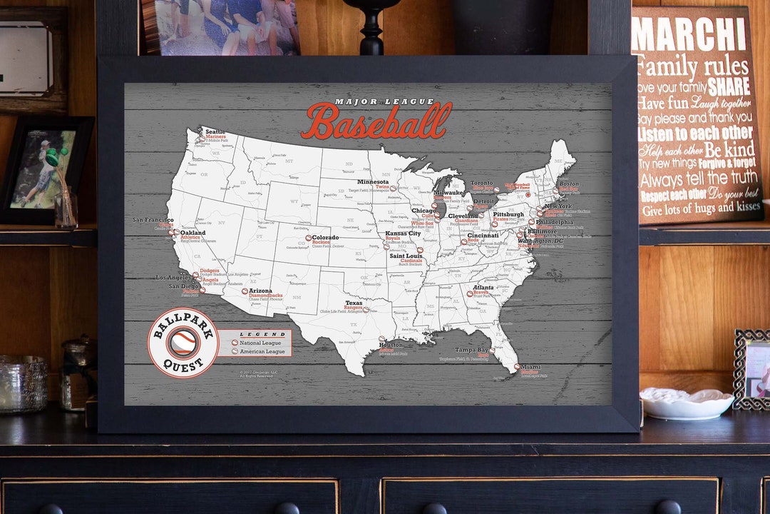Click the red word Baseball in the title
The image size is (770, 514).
(376, 121)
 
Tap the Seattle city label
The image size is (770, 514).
(215, 131)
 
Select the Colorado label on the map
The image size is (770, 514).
(325, 237)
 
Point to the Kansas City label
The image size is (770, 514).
(403, 233)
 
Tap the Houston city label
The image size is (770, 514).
(391, 345)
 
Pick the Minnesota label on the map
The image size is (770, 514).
(373, 182)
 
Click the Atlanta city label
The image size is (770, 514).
(483, 287)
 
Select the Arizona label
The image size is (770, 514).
(261, 291)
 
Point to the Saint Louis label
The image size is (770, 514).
(406, 256)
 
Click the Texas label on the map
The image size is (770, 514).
(354, 303)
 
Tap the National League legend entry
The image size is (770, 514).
(262, 343)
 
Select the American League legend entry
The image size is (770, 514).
(262, 351)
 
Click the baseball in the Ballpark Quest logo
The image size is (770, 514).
(183, 343)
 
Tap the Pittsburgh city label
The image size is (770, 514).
(508, 214)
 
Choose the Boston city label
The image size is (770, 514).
(568, 183)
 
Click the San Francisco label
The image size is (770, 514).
(153, 220)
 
